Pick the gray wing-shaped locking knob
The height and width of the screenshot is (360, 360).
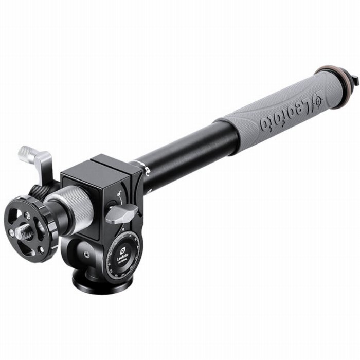pyautogui.click(x=122, y=212)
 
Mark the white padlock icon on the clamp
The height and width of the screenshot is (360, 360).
pyautogui.click(x=120, y=196)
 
